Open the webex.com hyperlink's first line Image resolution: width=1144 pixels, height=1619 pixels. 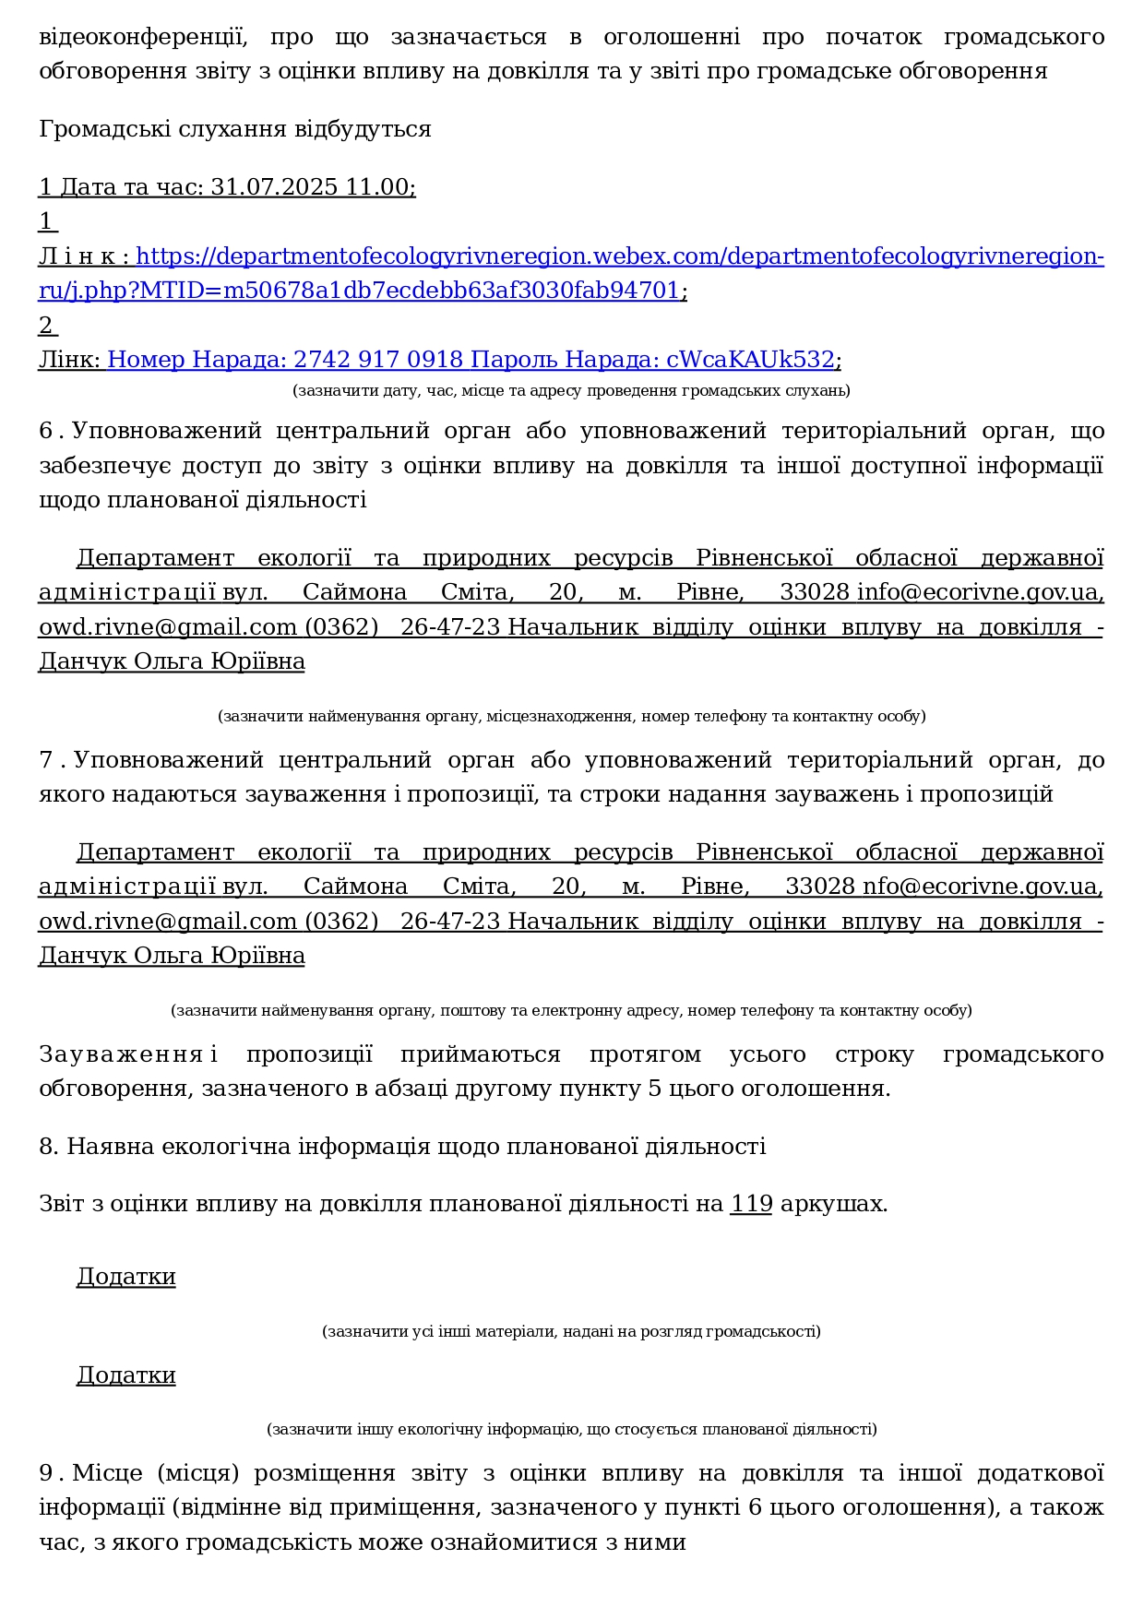click(619, 256)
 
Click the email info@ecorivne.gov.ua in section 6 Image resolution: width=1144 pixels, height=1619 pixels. click(978, 592)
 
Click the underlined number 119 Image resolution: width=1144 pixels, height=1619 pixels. click(751, 1204)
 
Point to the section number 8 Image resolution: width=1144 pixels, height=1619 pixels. click(47, 1147)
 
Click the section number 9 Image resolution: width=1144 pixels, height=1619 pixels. click(47, 1473)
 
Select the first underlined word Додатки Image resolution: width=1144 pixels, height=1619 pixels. click(125, 1277)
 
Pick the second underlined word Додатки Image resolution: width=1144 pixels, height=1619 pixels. click(125, 1375)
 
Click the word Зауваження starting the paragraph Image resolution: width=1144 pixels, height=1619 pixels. click(121, 1054)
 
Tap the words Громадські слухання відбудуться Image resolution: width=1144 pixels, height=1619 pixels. click(234, 129)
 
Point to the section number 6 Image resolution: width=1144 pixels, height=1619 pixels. click(47, 432)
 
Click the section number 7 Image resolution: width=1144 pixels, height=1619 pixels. click(47, 760)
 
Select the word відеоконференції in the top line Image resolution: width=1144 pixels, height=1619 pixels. click(143, 38)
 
